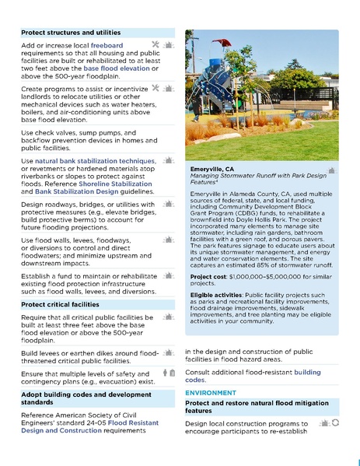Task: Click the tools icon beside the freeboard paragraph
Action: (155, 45)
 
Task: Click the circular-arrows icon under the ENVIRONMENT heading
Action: (335, 422)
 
